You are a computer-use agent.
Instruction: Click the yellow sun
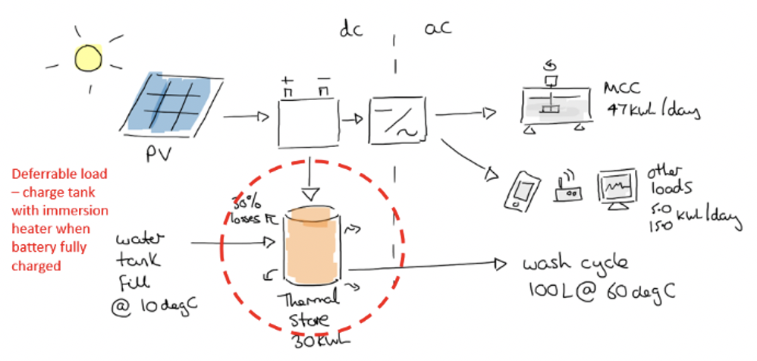[x=89, y=58]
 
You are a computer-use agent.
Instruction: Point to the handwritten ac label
[x=438, y=29]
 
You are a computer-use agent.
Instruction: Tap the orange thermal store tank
[x=313, y=243]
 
